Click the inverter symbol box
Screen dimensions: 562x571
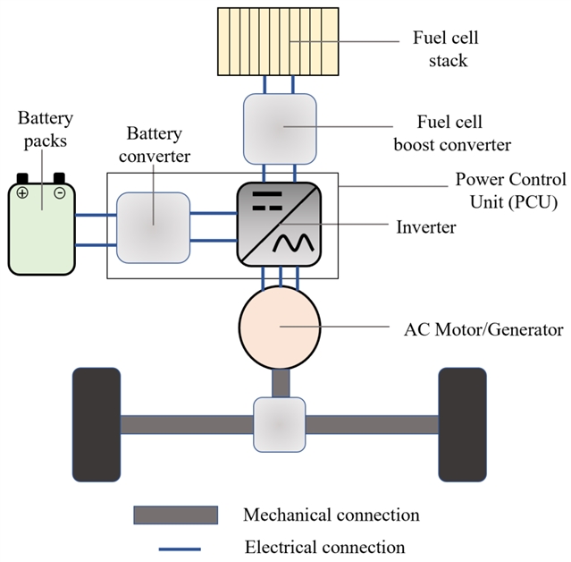point(279,224)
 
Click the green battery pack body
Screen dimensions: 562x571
point(42,228)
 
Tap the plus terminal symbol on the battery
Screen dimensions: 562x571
point(22,192)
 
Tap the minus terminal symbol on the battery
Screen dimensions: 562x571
point(60,192)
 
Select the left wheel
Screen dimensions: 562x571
point(96,423)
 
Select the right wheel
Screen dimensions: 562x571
point(462,423)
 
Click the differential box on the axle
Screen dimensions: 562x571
point(280,424)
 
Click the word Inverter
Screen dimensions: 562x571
point(425,227)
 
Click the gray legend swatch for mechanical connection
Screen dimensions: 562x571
point(175,515)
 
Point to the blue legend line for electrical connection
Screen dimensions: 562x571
point(175,547)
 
